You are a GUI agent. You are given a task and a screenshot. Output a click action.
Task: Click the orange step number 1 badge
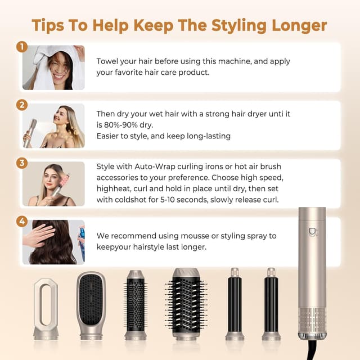point(22,47)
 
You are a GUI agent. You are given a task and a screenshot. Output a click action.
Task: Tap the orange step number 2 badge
point(22,105)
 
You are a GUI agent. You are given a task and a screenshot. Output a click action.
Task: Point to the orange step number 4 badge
point(22,222)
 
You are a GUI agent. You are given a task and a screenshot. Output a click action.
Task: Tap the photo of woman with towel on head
point(53,67)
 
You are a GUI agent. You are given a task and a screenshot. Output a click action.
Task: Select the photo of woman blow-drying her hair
point(53,125)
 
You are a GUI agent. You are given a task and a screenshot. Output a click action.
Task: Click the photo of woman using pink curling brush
point(53,184)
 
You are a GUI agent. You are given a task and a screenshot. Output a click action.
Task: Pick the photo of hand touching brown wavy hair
point(53,242)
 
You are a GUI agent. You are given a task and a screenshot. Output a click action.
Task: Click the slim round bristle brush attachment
point(136,304)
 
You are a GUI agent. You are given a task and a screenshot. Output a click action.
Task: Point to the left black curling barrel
point(235,304)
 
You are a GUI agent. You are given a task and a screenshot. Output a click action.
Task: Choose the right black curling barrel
point(271,304)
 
